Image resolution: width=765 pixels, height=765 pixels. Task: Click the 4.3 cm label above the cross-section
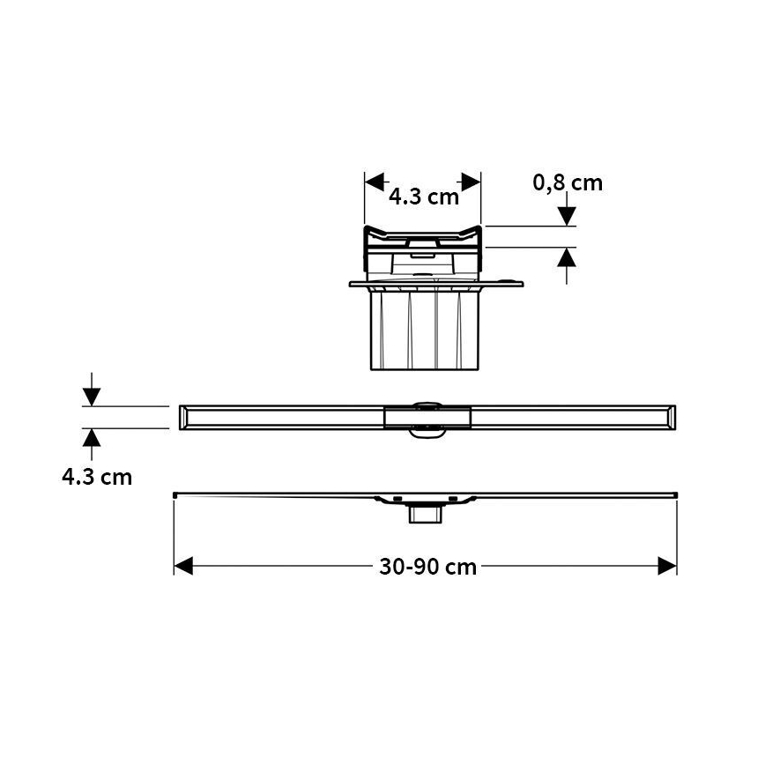tap(424, 197)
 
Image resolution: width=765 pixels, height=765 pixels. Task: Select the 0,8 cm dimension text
tap(568, 182)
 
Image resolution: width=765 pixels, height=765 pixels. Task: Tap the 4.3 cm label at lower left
tap(97, 477)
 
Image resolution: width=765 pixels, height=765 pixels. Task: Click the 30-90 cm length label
tap(427, 567)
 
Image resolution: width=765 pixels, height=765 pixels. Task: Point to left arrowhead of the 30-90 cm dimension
tap(182, 567)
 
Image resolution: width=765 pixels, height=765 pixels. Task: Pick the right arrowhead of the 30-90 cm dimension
tap(668, 567)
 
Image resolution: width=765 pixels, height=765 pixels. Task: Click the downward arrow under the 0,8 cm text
tap(567, 214)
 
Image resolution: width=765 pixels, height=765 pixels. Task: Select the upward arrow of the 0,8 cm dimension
tap(567, 257)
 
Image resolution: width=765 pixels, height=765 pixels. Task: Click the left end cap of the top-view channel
tap(183, 417)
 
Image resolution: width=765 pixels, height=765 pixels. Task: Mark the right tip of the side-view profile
tap(677, 494)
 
